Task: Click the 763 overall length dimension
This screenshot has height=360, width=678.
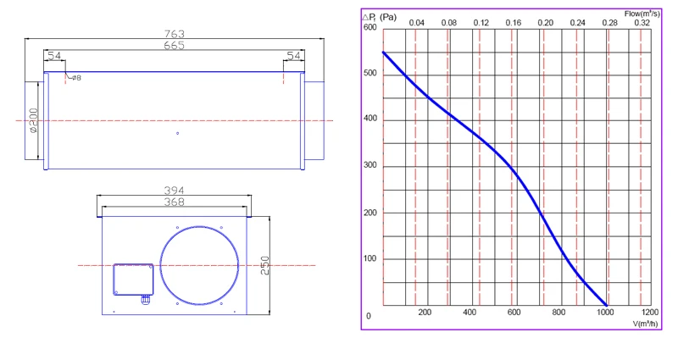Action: click(x=175, y=34)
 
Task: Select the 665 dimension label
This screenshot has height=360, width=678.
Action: click(x=175, y=46)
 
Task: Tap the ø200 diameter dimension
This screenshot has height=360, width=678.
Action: click(x=34, y=120)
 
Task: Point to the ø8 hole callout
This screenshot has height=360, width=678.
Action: click(x=76, y=78)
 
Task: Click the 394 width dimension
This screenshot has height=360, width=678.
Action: click(x=175, y=190)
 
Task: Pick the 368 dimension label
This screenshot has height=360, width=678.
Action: click(x=175, y=202)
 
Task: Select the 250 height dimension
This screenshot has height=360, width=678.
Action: click(x=264, y=265)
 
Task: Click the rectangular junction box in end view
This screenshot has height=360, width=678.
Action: click(x=133, y=280)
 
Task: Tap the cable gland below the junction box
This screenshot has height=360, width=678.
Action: click(x=146, y=300)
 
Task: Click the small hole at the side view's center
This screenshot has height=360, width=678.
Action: click(x=178, y=134)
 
